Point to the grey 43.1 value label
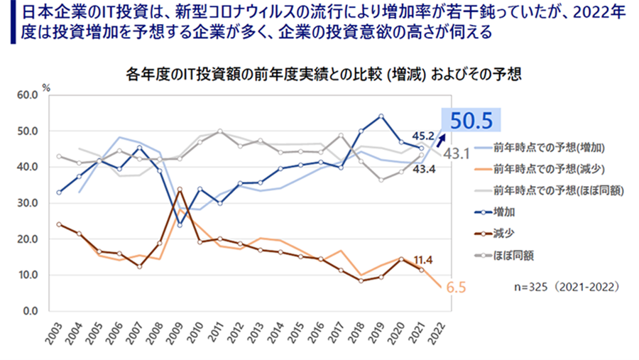click(x=459, y=153)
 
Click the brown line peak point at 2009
click(x=180, y=190)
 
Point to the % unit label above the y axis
click(x=46, y=87)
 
